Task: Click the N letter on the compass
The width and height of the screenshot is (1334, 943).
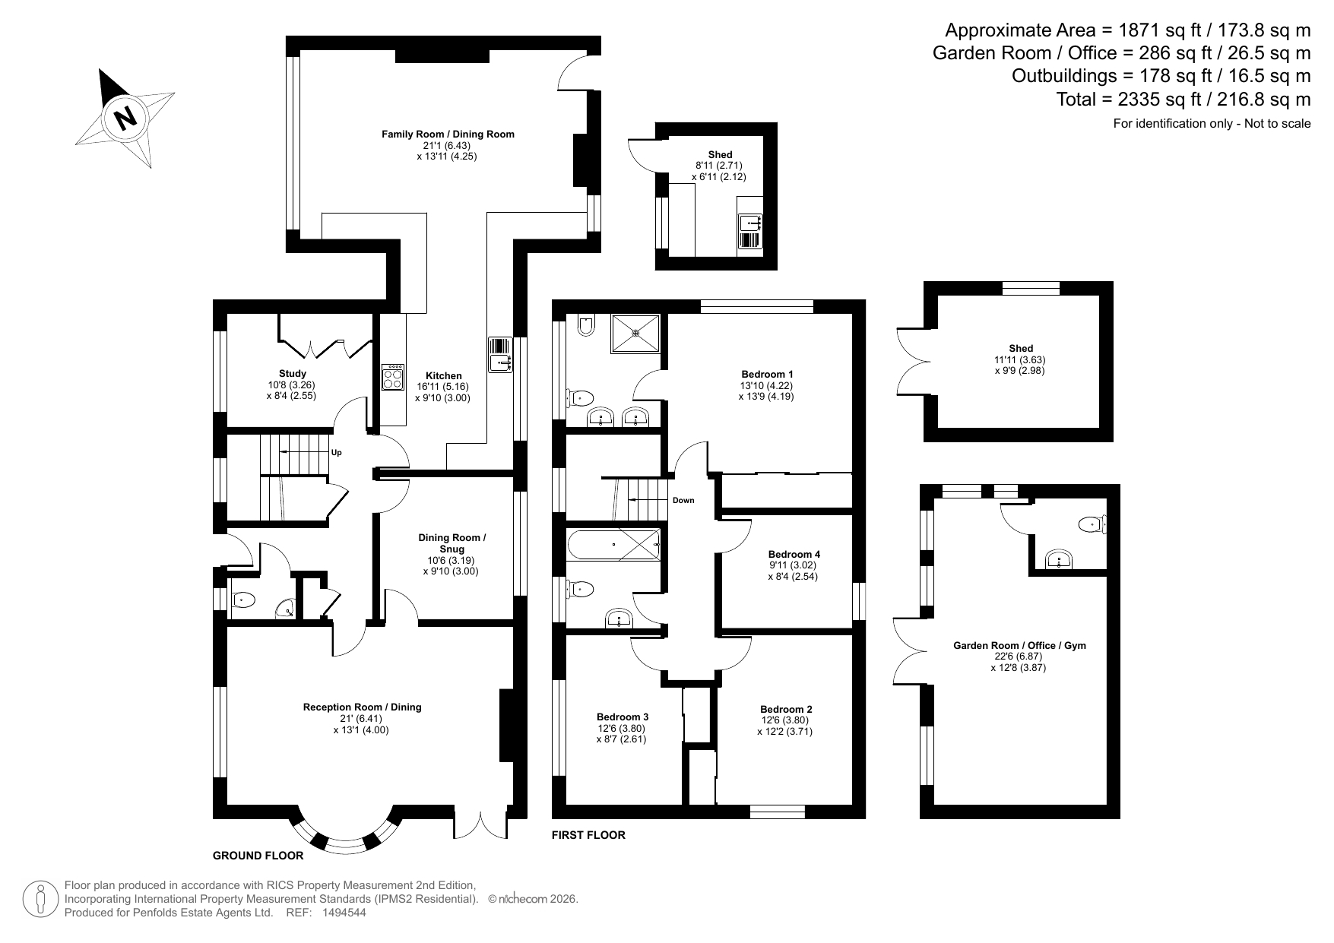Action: pyautogui.click(x=125, y=118)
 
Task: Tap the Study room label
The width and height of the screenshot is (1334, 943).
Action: pyautogui.click(x=293, y=373)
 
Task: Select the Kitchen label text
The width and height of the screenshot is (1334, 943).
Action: pyautogui.click(x=443, y=375)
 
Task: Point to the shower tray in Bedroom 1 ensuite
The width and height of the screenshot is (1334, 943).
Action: pyautogui.click(x=637, y=333)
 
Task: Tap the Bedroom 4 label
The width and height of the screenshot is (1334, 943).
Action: pyautogui.click(x=794, y=554)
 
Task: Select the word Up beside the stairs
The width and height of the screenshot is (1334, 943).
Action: pyautogui.click(x=337, y=453)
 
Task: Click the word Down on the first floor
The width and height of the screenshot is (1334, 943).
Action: pyautogui.click(x=683, y=500)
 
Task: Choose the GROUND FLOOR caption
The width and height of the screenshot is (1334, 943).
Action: pyautogui.click(x=258, y=856)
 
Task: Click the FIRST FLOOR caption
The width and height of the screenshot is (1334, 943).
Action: pyautogui.click(x=588, y=835)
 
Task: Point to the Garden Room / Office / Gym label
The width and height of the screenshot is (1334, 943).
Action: pyautogui.click(x=1019, y=645)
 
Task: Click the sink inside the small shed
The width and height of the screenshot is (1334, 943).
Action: pyautogui.click(x=750, y=223)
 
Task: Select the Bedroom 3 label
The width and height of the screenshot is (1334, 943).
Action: pyautogui.click(x=623, y=717)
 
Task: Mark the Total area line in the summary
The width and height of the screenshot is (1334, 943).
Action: pyautogui.click(x=1183, y=99)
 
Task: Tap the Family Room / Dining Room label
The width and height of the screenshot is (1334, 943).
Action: pyautogui.click(x=448, y=134)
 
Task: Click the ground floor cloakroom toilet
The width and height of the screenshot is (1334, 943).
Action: pyautogui.click(x=242, y=600)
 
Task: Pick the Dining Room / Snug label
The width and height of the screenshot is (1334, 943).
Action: pyautogui.click(x=452, y=543)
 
